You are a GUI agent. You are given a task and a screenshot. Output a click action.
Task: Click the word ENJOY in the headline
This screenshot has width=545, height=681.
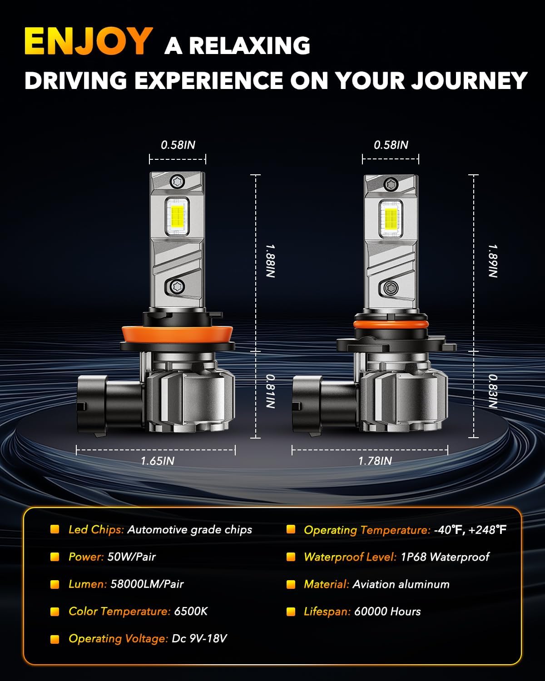pyautogui.click(x=89, y=41)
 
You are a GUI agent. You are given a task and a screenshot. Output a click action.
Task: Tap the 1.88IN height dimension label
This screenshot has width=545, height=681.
pyautogui.click(x=270, y=261)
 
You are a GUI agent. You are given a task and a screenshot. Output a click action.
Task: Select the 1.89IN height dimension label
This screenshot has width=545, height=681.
pyautogui.click(x=493, y=261)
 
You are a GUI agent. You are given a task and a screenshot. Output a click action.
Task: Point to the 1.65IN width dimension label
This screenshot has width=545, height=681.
pyautogui.click(x=158, y=461)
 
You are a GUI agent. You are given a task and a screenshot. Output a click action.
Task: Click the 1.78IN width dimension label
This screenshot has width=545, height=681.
pyautogui.click(x=375, y=461)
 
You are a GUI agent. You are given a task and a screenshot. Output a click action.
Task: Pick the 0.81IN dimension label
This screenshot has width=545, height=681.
pyautogui.click(x=270, y=391)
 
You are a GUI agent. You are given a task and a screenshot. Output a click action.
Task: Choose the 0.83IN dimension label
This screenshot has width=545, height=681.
pyautogui.click(x=493, y=391)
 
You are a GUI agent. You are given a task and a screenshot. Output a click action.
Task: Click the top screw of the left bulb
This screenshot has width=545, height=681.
pyautogui.click(x=177, y=182)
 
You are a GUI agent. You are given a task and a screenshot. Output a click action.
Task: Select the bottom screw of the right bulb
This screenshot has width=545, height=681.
pyautogui.click(x=391, y=288)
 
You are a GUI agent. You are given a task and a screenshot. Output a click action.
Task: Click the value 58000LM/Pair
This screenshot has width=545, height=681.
pyautogui.click(x=147, y=584)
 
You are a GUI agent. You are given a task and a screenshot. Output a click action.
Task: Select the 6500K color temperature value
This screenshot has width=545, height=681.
pyautogui.click(x=191, y=611)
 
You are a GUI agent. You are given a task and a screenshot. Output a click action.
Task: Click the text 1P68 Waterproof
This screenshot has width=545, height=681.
pyautogui.click(x=445, y=557)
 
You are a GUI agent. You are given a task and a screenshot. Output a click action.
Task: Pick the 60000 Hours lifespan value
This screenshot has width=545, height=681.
pyautogui.click(x=387, y=612)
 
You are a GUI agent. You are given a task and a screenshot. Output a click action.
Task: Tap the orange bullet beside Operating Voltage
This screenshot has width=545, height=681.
pyautogui.click(x=55, y=639)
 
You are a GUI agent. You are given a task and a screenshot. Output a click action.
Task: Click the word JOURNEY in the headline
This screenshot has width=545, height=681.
pyautogui.click(x=469, y=80)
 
